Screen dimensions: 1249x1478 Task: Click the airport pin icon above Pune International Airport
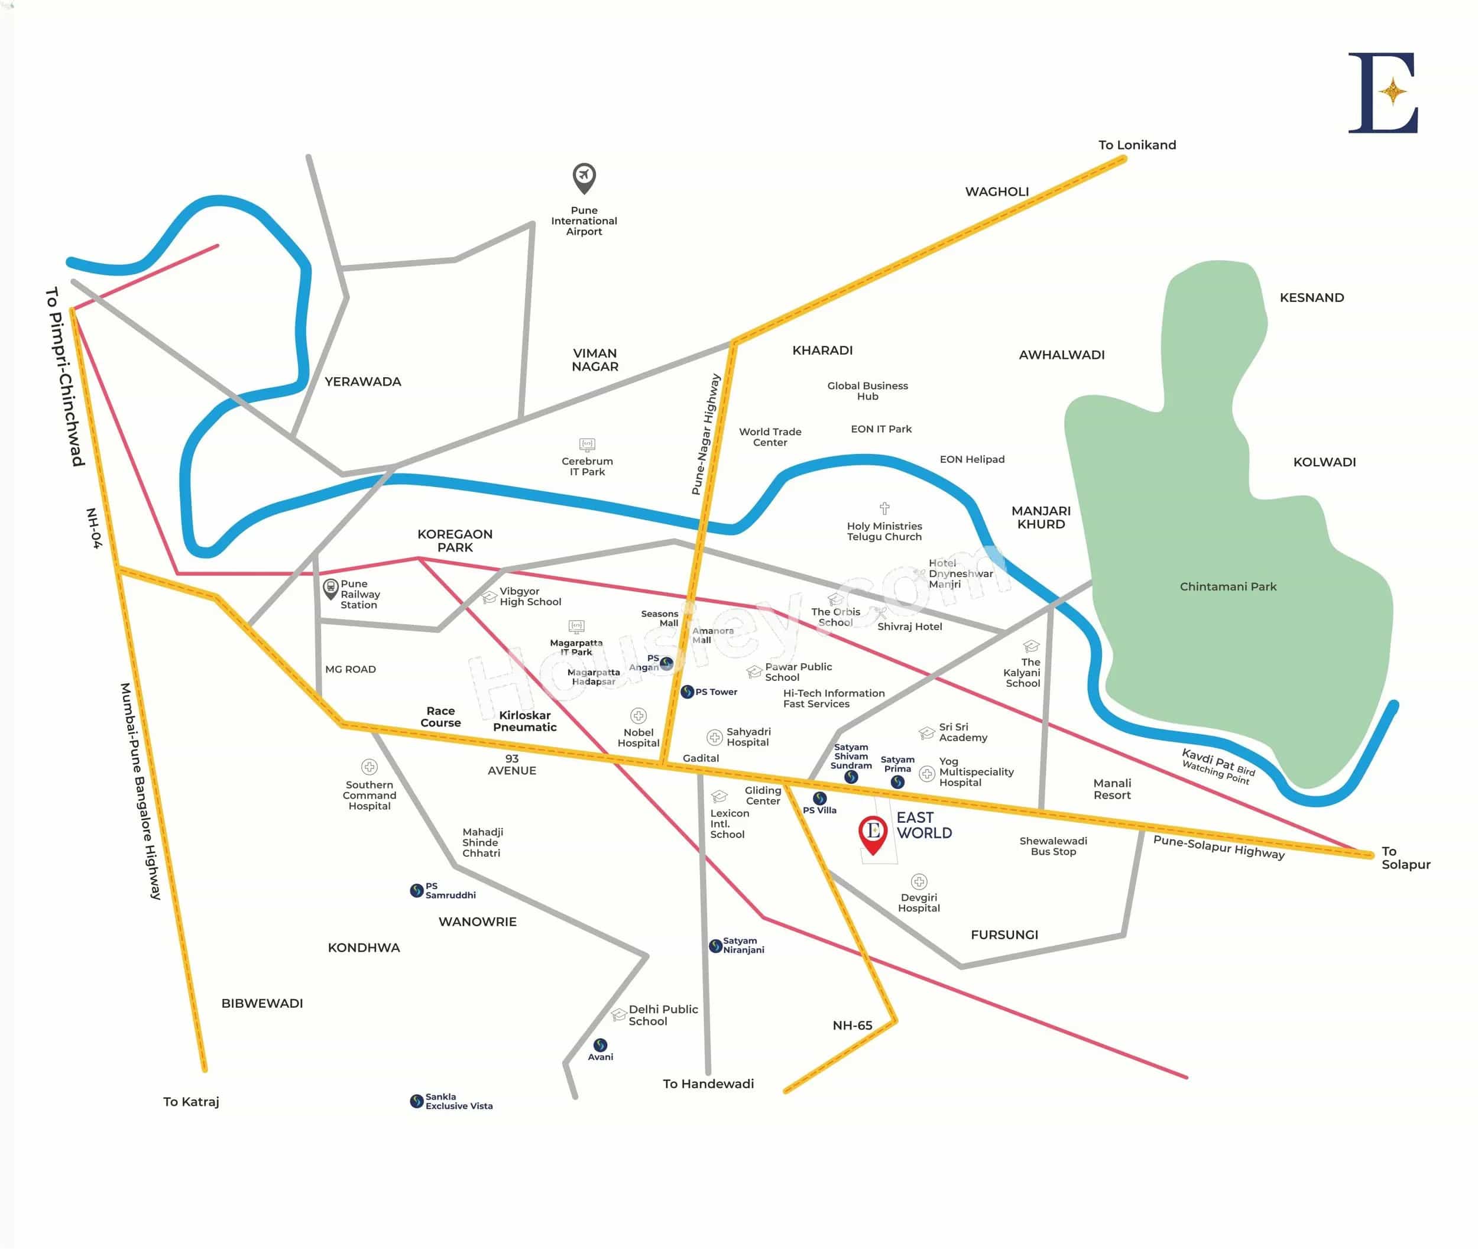584,177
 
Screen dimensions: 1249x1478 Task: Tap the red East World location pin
873,833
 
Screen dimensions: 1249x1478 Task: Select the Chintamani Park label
1227,586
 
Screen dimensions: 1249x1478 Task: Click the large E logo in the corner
1383,93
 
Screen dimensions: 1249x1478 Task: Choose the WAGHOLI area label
996,191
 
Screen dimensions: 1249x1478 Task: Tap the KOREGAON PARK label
455,540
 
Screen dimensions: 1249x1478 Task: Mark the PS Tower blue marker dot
686,692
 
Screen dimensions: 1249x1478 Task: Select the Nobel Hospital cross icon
638,716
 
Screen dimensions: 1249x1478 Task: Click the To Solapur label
1405,858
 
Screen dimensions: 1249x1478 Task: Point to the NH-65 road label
852,1025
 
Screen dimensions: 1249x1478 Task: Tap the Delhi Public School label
662,1015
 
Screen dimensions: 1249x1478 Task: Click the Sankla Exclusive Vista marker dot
416,1101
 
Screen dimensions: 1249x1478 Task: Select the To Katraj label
191,1102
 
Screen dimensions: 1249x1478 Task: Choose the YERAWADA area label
362,382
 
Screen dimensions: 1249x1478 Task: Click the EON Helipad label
972,459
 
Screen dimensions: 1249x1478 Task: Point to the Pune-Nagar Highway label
705,434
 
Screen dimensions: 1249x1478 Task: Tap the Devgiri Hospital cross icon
919,881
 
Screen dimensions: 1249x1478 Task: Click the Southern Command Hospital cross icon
369,767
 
